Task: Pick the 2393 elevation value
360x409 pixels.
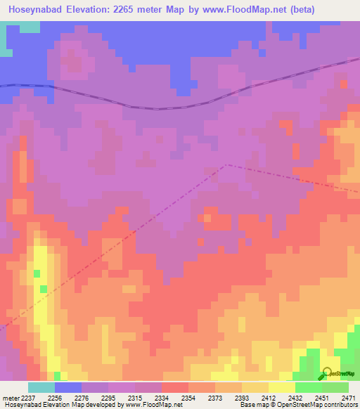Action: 242,397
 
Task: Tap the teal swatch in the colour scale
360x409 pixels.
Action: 41,387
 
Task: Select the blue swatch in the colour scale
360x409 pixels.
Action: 68,387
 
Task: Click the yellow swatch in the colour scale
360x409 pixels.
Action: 282,387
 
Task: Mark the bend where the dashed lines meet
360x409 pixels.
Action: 226,165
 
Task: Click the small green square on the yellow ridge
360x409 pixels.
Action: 44,289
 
